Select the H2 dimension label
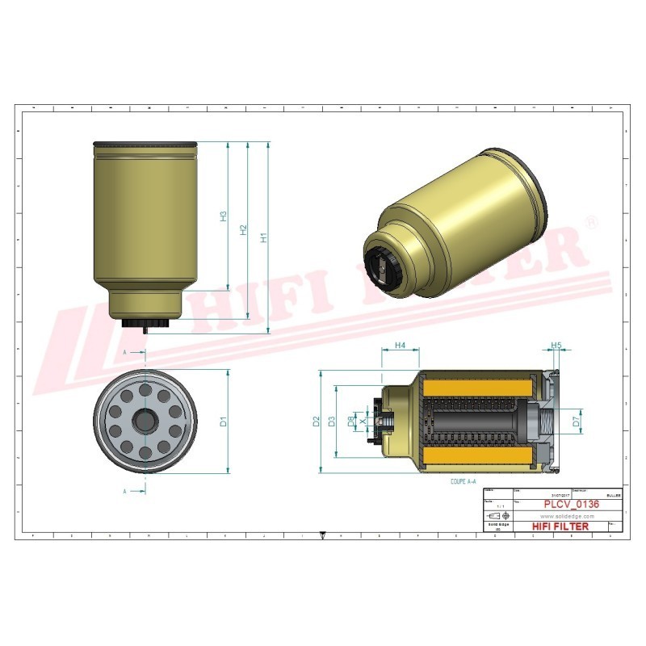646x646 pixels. (243, 230)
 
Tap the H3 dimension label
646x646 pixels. (224, 216)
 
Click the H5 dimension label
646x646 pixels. (556, 346)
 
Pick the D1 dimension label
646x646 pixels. (224, 421)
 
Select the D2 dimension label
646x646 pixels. (317, 421)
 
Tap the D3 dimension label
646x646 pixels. (331, 421)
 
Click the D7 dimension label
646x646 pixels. (576, 421)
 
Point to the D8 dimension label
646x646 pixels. (350, 421)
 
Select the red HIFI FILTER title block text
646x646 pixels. (560, 526)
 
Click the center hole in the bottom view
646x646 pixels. (145, 421)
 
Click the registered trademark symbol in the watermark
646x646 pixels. (590, 222)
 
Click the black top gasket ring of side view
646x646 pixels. (145, 145)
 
